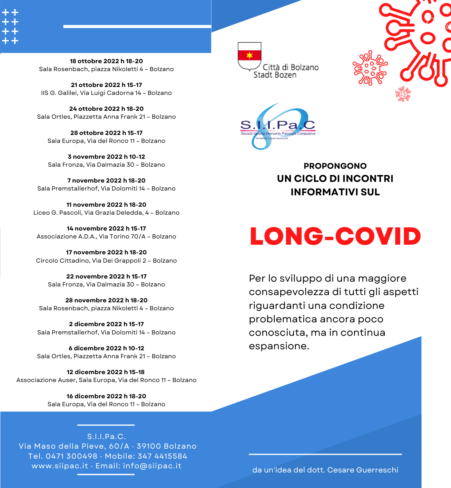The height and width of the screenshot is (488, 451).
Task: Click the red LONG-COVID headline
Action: pos(335,236)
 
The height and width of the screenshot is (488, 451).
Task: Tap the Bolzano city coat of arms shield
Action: pos(249,56)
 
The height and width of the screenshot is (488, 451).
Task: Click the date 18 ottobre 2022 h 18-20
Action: pos(106,61)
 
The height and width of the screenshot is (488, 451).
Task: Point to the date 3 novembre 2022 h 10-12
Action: pos(106,157)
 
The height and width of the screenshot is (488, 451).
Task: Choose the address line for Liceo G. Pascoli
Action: pos(106,213)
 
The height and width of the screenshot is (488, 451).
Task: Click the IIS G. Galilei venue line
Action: pos(106,93)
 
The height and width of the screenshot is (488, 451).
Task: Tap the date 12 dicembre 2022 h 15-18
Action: pos(106,372)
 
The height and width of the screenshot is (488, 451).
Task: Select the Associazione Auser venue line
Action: pos(106,380)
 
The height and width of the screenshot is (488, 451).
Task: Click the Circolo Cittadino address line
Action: pos(106,261)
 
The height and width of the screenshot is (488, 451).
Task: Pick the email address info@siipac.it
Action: pos(152,466)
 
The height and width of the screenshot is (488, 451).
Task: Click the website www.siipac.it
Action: pos(60,466)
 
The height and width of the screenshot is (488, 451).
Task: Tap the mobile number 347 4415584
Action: pos(162,456)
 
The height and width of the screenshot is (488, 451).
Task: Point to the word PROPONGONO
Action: pos(335,166)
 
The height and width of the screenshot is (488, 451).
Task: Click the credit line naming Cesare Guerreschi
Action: pos(325,470)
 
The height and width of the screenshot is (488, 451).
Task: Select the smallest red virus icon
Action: pos(403,94)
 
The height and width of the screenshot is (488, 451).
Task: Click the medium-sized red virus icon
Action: pos(370,68)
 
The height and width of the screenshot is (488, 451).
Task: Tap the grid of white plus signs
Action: pos(10,27)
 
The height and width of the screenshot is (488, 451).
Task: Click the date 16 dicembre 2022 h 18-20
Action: pos(106,396)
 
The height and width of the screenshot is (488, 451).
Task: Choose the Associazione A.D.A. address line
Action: pos(106,236)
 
